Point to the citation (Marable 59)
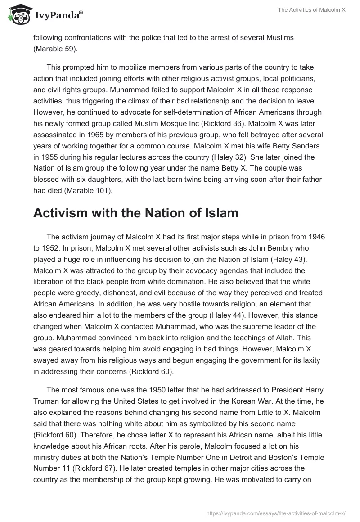coord(55,49)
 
